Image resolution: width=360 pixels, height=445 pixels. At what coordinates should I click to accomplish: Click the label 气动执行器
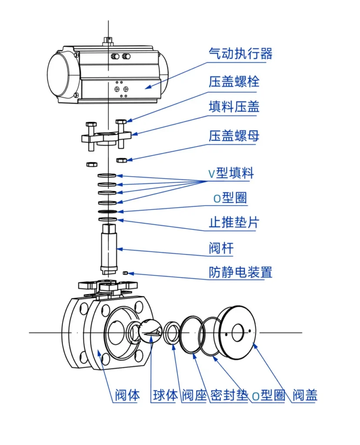pyautogui.click(x=240, y=54)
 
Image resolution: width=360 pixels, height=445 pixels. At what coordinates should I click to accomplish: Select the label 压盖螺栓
pyautogui.click(x=233, y=81)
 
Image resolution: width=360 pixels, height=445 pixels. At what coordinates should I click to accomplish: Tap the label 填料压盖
pyautogui.click(x=233, y=107)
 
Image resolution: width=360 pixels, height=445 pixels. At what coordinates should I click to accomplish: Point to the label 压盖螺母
pyautogui.click(x=233, y=136)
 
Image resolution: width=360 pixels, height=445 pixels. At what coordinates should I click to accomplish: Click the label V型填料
pyautogui.click(x=230, y=173)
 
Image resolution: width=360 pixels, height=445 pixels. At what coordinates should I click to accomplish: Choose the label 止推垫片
pyautogui.click(x=233, y=223)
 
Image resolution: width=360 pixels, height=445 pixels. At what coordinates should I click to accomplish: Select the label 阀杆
pyautogui.click(x=221, y=249)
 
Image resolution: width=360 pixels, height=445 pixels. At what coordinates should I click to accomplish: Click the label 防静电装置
pyautogui.click(x=240, y=272)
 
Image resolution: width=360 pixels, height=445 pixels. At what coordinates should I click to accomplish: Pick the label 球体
pyautogui.click(x=165, y=395)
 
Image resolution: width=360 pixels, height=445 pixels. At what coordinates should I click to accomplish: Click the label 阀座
pyautogui.click(x=194, y=395)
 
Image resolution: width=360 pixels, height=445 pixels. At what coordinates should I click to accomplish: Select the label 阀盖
pyautogui.click(x=305, y=395)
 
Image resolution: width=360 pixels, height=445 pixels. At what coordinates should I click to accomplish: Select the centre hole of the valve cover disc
pyautogui.click(x=238, y=333)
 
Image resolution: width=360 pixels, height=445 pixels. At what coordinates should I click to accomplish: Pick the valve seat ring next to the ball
pyautogui.click(x=173, y=334)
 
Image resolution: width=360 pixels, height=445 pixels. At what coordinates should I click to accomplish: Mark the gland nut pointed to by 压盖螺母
pyautogui.click(x=122, y=160)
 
